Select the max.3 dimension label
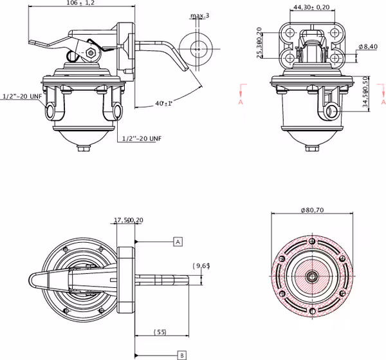pos(200,15)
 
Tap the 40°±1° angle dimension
pos(165,103)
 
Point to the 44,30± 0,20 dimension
pos(311,7)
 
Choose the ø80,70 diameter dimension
pos(311,209)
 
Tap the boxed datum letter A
pos(178,242)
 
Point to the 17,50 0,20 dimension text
pos(128,220)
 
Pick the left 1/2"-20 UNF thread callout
pos(23,96)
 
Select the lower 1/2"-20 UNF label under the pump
pos(143,138)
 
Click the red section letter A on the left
pos(240,102)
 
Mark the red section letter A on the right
pos(383,102)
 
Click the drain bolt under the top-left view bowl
pos(84,150)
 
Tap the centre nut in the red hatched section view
pos(311,277)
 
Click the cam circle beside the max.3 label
pos(197,48)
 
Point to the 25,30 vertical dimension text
pos(259,43)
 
